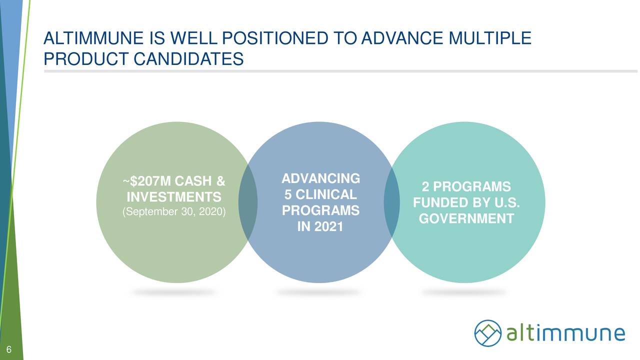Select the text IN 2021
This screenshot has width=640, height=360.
(320, 226)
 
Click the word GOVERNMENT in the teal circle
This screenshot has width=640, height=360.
(466, 219)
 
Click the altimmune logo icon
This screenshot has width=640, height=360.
(488, 333)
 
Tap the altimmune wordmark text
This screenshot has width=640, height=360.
(565, 333)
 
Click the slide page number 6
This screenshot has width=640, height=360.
(9, 349)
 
